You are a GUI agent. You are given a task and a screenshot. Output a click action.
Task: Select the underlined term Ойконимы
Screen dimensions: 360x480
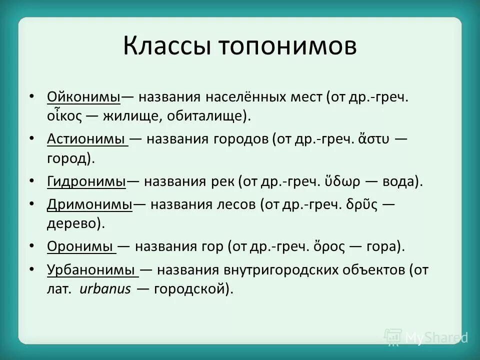(84, 96)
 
